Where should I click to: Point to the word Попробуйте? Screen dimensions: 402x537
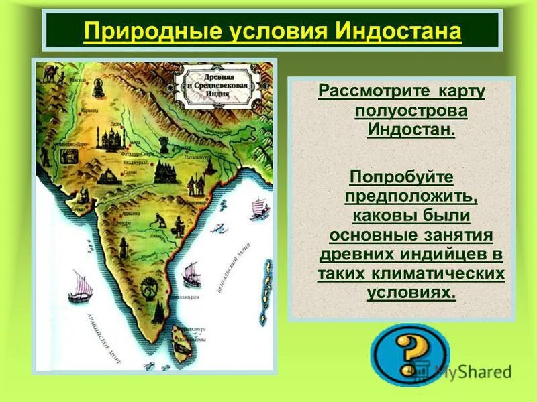[401, 178]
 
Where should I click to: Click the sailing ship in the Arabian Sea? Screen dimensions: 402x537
[79, 285]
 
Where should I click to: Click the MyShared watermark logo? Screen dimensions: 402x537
[463, 370]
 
